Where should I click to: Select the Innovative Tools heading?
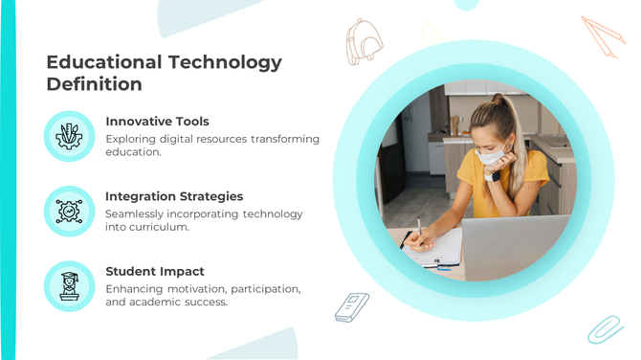157,122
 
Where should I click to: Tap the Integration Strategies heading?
174,196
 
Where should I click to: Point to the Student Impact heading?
155,271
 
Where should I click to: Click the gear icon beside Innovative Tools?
69,136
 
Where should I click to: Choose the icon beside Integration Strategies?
69,211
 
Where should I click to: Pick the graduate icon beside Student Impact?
69,285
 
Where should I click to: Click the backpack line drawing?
365,40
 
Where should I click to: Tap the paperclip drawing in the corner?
605,328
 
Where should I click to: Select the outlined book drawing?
351,306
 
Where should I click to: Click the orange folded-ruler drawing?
603,35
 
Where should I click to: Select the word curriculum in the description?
159,228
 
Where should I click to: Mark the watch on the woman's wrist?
492,176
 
